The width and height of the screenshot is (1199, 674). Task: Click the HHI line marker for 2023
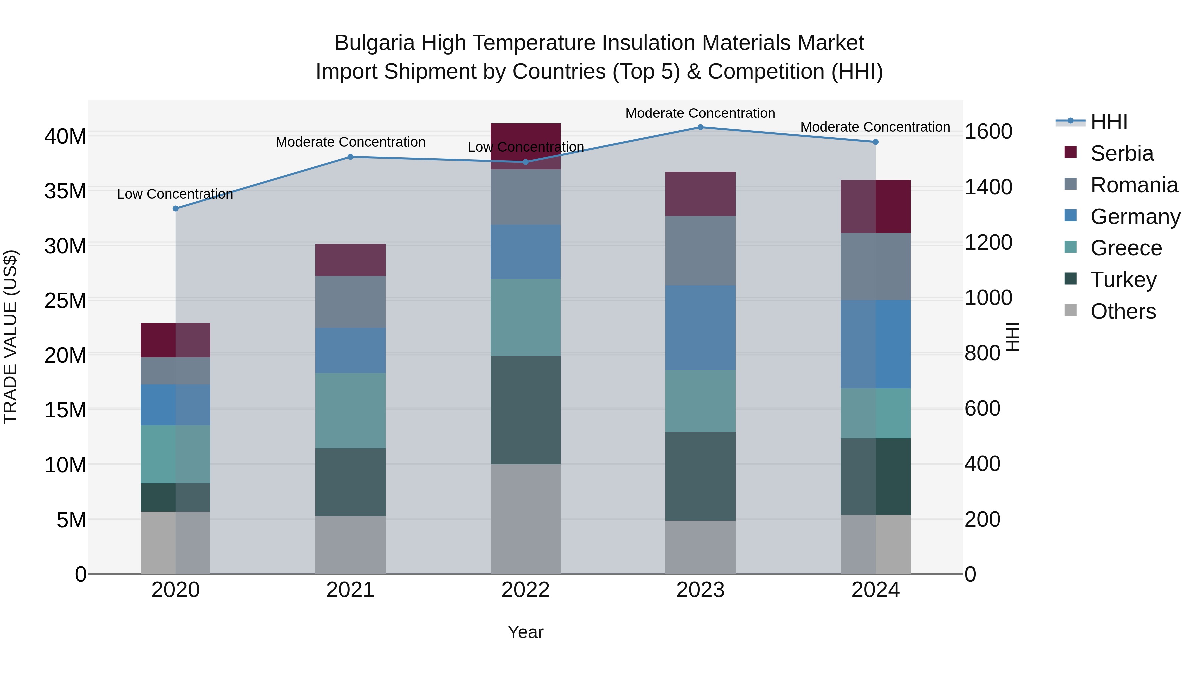coord(700,127)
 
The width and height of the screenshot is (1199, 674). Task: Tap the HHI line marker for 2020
coord(176,209)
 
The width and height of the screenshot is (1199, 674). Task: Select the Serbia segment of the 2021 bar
coord(350,260)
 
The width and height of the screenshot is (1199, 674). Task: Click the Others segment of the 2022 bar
coord(526,519)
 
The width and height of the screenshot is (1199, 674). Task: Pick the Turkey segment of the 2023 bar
coord(700,476)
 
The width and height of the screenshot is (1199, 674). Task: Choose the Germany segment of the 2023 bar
coord(700,328)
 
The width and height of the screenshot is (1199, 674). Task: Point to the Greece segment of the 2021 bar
coord(350,411)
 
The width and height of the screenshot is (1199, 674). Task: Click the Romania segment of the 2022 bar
coord(526,197)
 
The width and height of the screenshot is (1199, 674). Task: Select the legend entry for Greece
coord(1126,248)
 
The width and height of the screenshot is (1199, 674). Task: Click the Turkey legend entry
coord(1123,280)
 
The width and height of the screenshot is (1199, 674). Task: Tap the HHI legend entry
coord(1109,122)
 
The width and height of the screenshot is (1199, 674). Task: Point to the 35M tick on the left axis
coord(65,191)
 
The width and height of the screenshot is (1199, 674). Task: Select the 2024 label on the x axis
coord(875,590)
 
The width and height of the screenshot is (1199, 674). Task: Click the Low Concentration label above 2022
coord(526,147)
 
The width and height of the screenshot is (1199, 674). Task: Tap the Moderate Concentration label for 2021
coord(350,142)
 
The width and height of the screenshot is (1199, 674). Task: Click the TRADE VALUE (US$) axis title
coord(10,337)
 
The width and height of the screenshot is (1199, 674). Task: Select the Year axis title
coord(526,632)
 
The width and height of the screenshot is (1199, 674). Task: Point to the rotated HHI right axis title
coord(1013,337)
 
